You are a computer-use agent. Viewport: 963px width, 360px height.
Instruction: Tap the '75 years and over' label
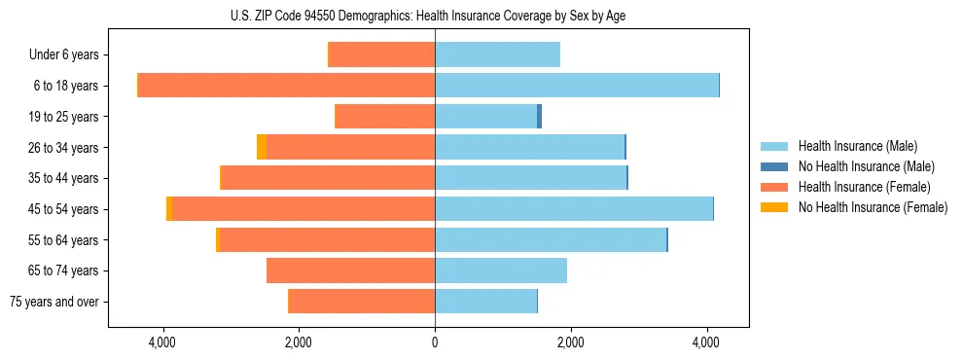pos(54,302)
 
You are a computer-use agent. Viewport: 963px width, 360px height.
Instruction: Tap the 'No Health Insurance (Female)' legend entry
pos(873,207)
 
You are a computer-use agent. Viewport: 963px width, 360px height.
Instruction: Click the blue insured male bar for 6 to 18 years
pos(576,86)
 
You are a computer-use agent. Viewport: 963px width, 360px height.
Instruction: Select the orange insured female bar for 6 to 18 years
pos(286,86)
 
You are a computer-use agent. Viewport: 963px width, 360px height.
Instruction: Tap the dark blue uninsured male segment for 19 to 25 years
pos(539,117)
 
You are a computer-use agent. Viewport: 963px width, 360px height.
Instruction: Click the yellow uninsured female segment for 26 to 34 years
pos(262,147)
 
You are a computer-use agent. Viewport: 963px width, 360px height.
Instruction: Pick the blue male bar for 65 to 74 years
pos(500,270)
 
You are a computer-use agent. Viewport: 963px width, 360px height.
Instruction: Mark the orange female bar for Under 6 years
pos(381,54)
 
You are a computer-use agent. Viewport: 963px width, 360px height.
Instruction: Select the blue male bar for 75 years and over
pos(485,302)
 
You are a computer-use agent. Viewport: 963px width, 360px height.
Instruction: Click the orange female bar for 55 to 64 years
pos(327,239)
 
